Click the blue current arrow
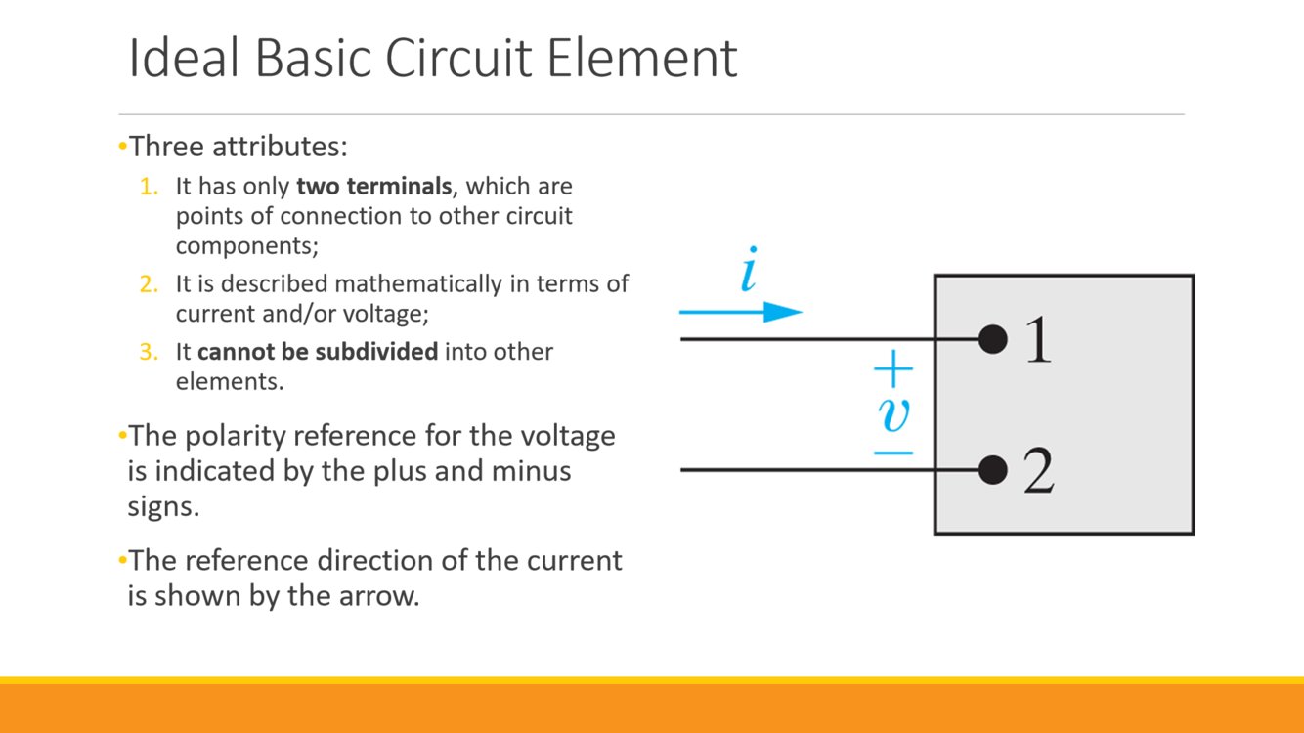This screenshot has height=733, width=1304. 740,313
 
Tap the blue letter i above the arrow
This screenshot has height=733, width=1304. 749,271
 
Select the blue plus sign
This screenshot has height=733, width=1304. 892,370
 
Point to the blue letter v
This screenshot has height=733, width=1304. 893,413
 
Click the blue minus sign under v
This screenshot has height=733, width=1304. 892,453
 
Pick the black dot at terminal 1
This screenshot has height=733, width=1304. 992,339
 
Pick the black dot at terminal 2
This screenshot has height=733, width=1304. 992,470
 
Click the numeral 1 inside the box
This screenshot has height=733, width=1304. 1038,341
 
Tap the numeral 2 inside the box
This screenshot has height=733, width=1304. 1038,472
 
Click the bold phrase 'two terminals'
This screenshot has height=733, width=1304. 373,186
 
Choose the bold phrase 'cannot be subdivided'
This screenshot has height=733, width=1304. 318,351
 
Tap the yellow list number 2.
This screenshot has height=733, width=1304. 149,284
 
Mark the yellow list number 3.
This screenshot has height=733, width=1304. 149,352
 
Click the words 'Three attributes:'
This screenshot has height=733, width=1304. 239,147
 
